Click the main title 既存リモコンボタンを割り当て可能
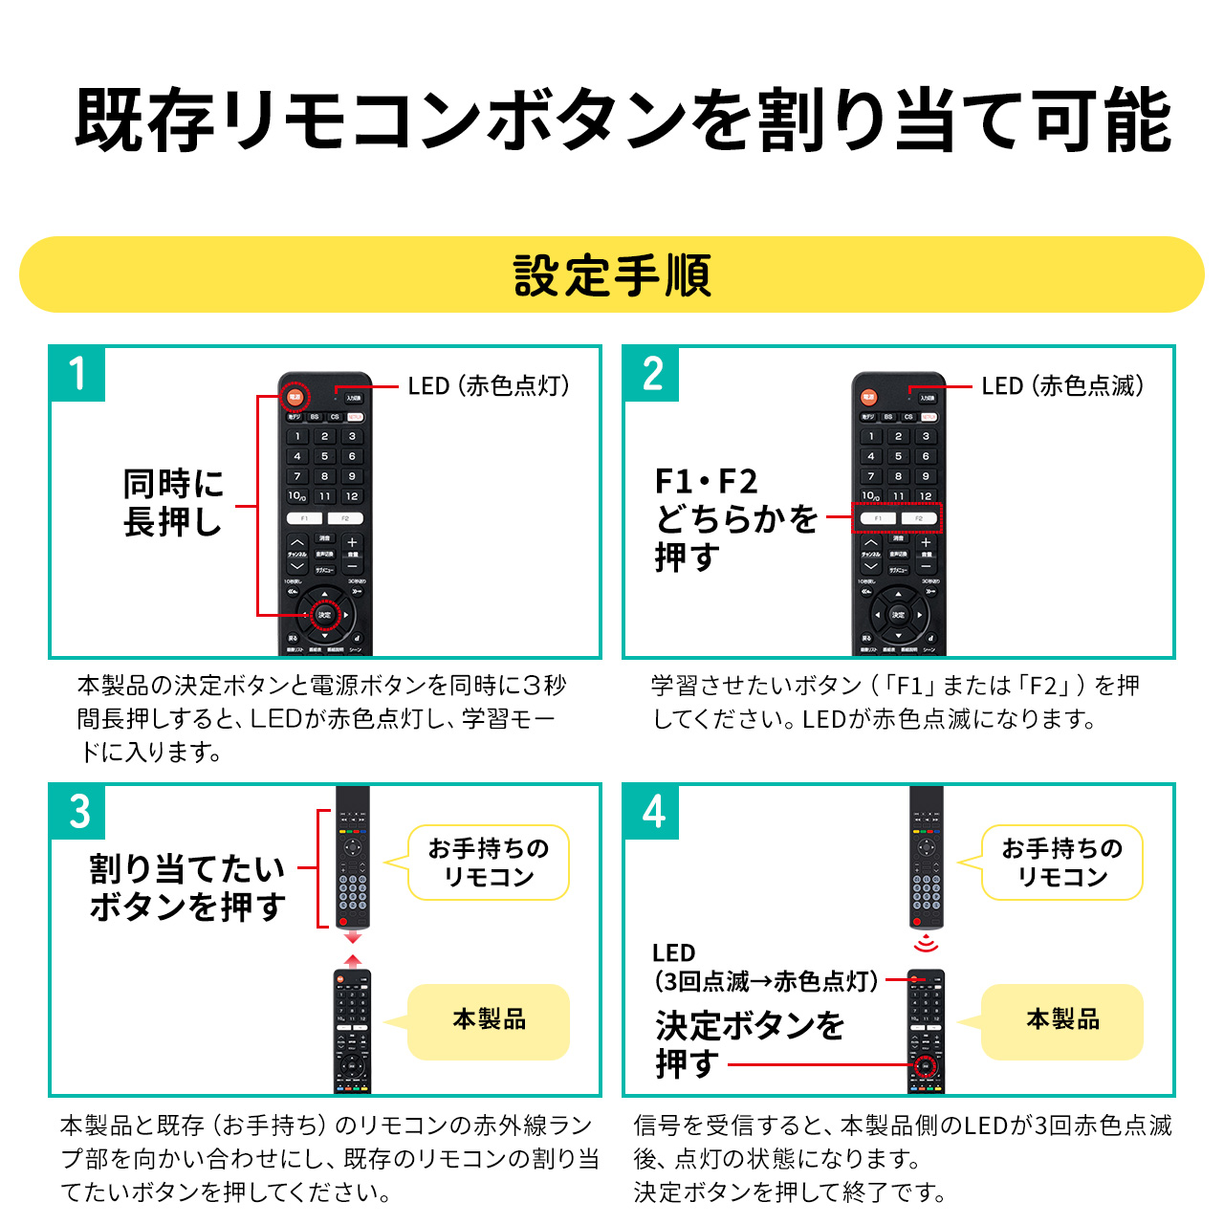pos(622,120)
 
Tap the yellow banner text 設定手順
pos(612,275)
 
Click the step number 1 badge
pos(77,374)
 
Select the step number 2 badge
pos(652,374)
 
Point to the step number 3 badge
pos(79,812)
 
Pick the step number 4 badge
pos(653,812)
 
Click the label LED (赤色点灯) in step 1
pos(488,386)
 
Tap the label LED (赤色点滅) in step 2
pos(1061,386)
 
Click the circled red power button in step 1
pos(295,397)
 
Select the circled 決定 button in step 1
pos(324,615)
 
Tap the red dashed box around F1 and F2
pos(897,518)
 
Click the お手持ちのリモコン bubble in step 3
pos(489,863)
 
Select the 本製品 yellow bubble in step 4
pos(1062,1020)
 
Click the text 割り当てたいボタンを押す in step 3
pos(187,887)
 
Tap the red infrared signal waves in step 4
pos(926,945)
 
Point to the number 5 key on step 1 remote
pos(325,456)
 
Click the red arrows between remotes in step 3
pos(353,949)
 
